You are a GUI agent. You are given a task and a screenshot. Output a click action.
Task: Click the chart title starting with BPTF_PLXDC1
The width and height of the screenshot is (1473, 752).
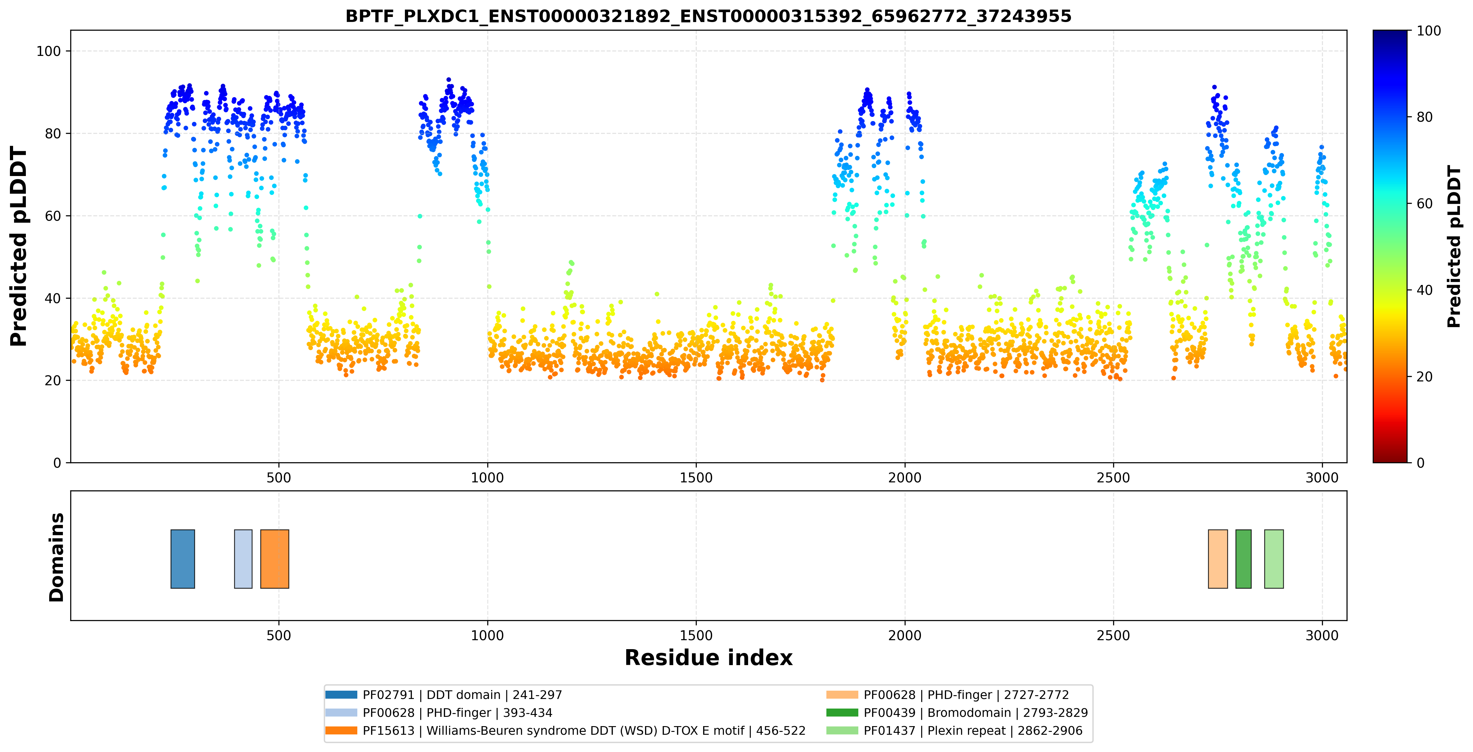pyautogui.click(x=708, y=16)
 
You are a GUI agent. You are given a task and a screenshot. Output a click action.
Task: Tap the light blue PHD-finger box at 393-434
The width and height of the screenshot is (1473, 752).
pyautogui.click(x=243, y=559)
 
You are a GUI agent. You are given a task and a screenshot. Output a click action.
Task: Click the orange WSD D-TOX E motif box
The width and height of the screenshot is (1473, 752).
pyautogui.click(x=275, y=559)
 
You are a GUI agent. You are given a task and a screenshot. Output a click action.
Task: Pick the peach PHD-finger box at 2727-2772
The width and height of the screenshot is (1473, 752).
pyautogui.click(x=1218, y=559)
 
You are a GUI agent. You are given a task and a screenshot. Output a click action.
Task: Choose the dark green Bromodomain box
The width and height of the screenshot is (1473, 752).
pyautogui.click(x=1243, y=559)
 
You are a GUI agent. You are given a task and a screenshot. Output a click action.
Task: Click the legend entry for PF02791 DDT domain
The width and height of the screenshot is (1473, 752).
pyautogui.click(x=444, y=695)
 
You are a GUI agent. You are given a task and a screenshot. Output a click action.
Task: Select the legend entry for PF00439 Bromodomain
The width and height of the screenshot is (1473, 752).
pyautogui.click(x=957, y=712)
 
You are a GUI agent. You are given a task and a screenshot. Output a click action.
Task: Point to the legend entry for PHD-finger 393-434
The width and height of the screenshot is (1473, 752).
pyautogui.click(x=439, y=712)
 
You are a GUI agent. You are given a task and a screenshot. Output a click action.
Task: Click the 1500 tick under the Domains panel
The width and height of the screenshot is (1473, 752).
pyautogui.click(x=696, y=635)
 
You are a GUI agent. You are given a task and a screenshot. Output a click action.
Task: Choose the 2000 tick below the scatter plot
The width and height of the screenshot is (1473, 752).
pyautogui.click(x=905, y=478)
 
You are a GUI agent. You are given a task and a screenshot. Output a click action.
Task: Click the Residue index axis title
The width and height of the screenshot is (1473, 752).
pyautogui.click(x=709, y=658)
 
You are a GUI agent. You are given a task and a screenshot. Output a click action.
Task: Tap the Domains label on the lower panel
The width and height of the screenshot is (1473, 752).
pyautogui.click(x=57, y=557)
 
